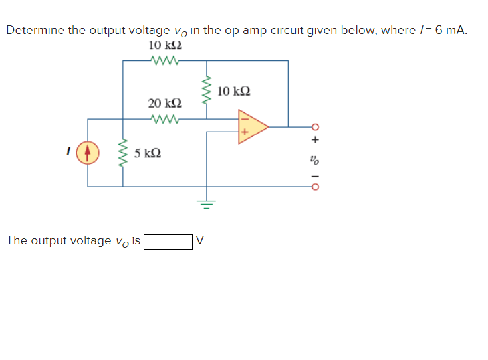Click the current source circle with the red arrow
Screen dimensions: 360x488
pyautogui.click(x=88, y=153)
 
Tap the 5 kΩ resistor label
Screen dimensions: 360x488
pyautogui.click(x=147, y=153)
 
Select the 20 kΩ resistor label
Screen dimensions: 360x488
pyautogui.click(x=164, y=103)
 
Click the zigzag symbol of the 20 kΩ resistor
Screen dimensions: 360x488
pyautogui.click(x=164, y=120)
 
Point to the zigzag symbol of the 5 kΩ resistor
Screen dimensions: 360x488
pyautogui.click(x=122, y=153)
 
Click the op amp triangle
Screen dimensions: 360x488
pyautogui.click(x=251, y=125)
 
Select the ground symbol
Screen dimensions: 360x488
pyautogui.click(x=206, y=202)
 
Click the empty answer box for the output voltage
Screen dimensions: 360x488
pyautogui.click(x=168, y=240)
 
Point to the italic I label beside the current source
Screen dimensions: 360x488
pyautogui.click(x=67, y=153)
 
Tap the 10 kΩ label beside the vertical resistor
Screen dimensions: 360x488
pyautogui.click(x=233, y=91)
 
